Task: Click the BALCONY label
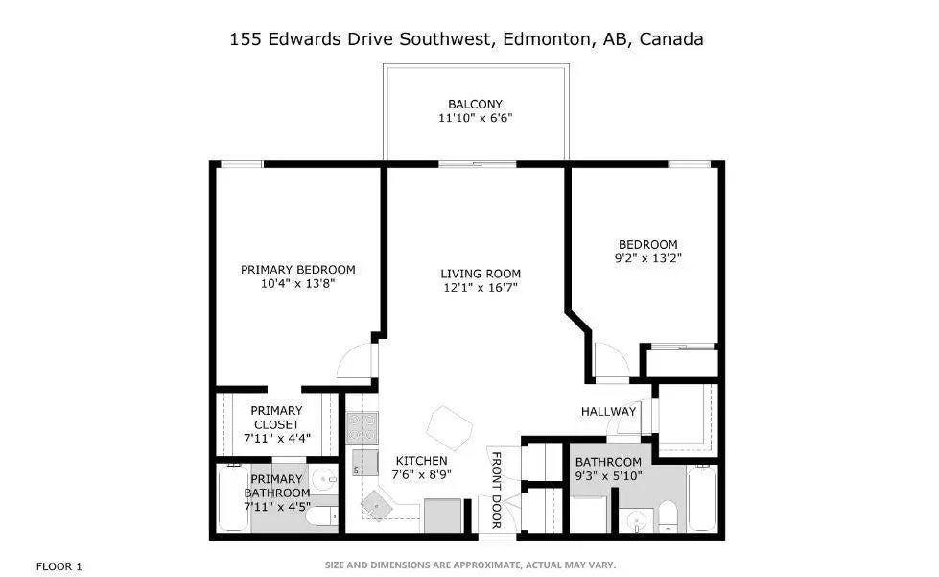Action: coord(475,104)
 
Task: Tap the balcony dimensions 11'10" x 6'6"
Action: coord(475,118)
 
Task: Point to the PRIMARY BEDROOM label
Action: coord(297,270)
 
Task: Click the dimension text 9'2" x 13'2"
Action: coord(647,258)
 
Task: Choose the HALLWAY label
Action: coord(608,412)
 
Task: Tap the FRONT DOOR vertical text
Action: coord(497,489)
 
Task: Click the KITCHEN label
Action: coord(420,461)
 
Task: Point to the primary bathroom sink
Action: coord(322,478)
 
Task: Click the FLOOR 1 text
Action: coord(59,565)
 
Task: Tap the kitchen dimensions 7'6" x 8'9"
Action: coord(420,474)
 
